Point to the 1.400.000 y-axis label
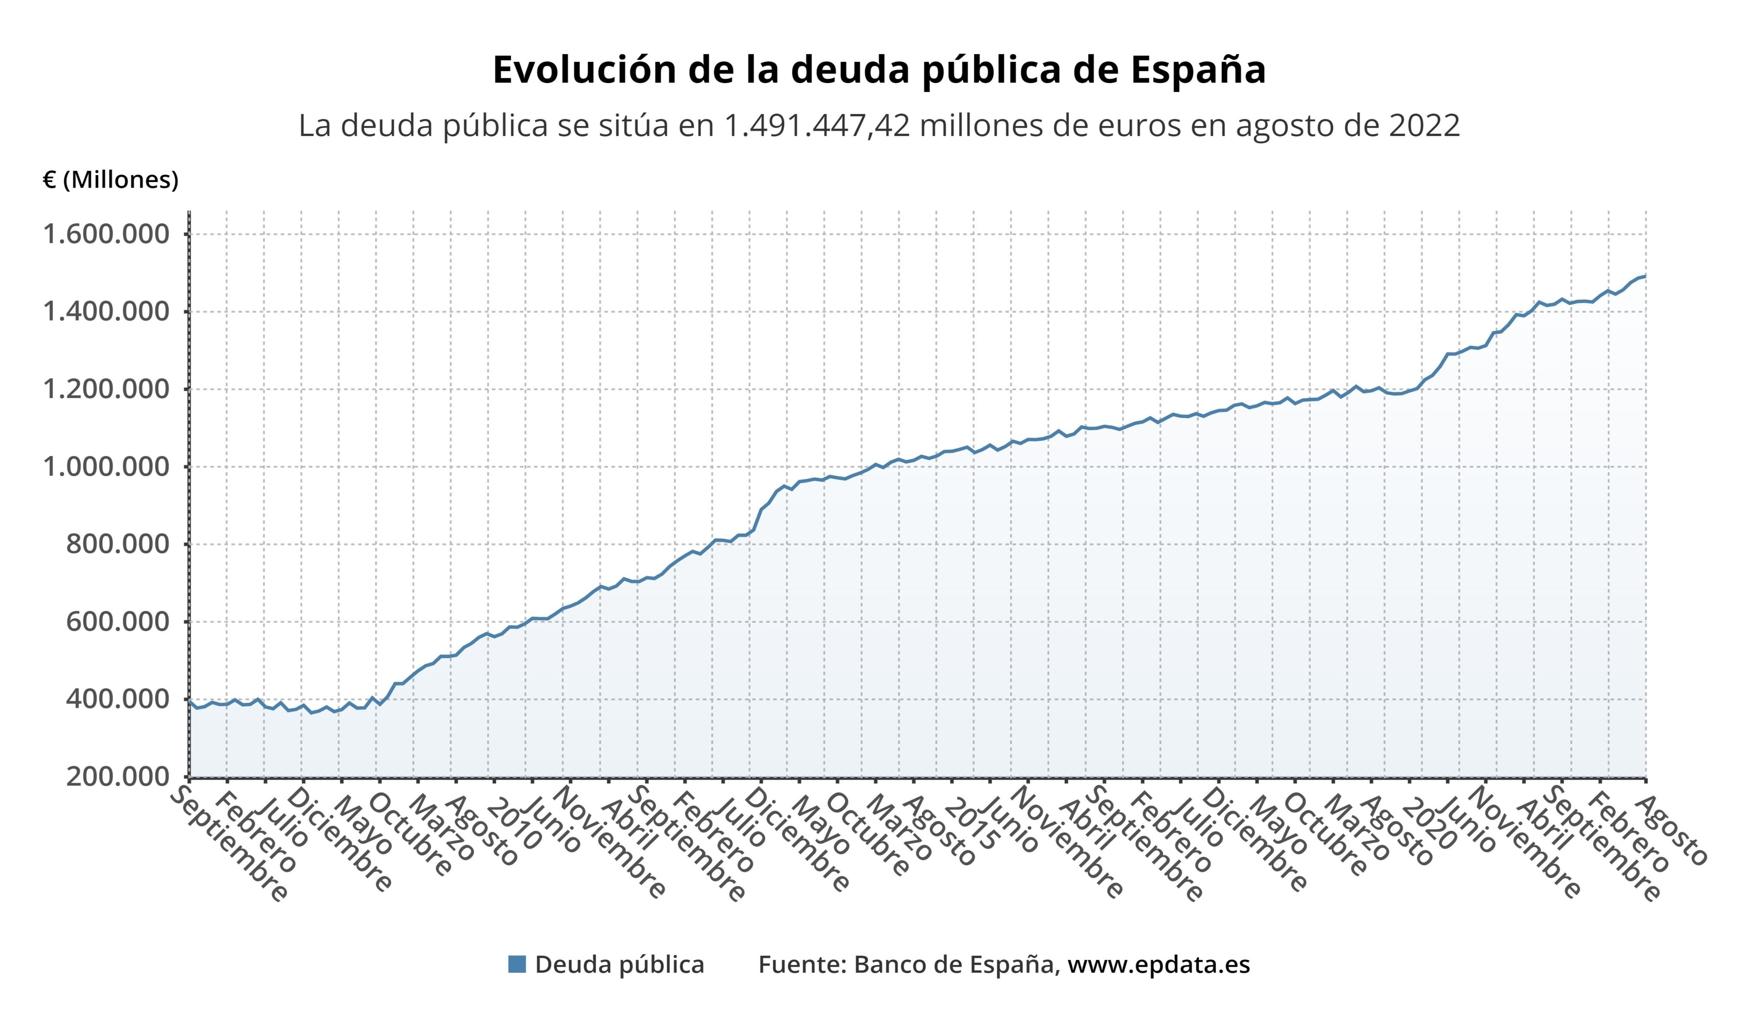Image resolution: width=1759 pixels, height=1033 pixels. coord(106,312)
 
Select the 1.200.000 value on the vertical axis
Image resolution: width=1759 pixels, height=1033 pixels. coord(106,389)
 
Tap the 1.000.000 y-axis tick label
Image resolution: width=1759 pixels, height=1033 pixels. coord(106,467)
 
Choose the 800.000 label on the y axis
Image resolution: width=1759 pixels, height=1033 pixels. coord(118,544)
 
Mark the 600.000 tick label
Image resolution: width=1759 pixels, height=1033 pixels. coord(118,622)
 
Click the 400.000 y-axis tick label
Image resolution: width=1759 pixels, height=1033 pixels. coord(118,700)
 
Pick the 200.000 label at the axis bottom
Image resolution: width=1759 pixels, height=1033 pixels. coord(118,777)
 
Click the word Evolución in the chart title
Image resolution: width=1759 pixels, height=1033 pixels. coord(584,70)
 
